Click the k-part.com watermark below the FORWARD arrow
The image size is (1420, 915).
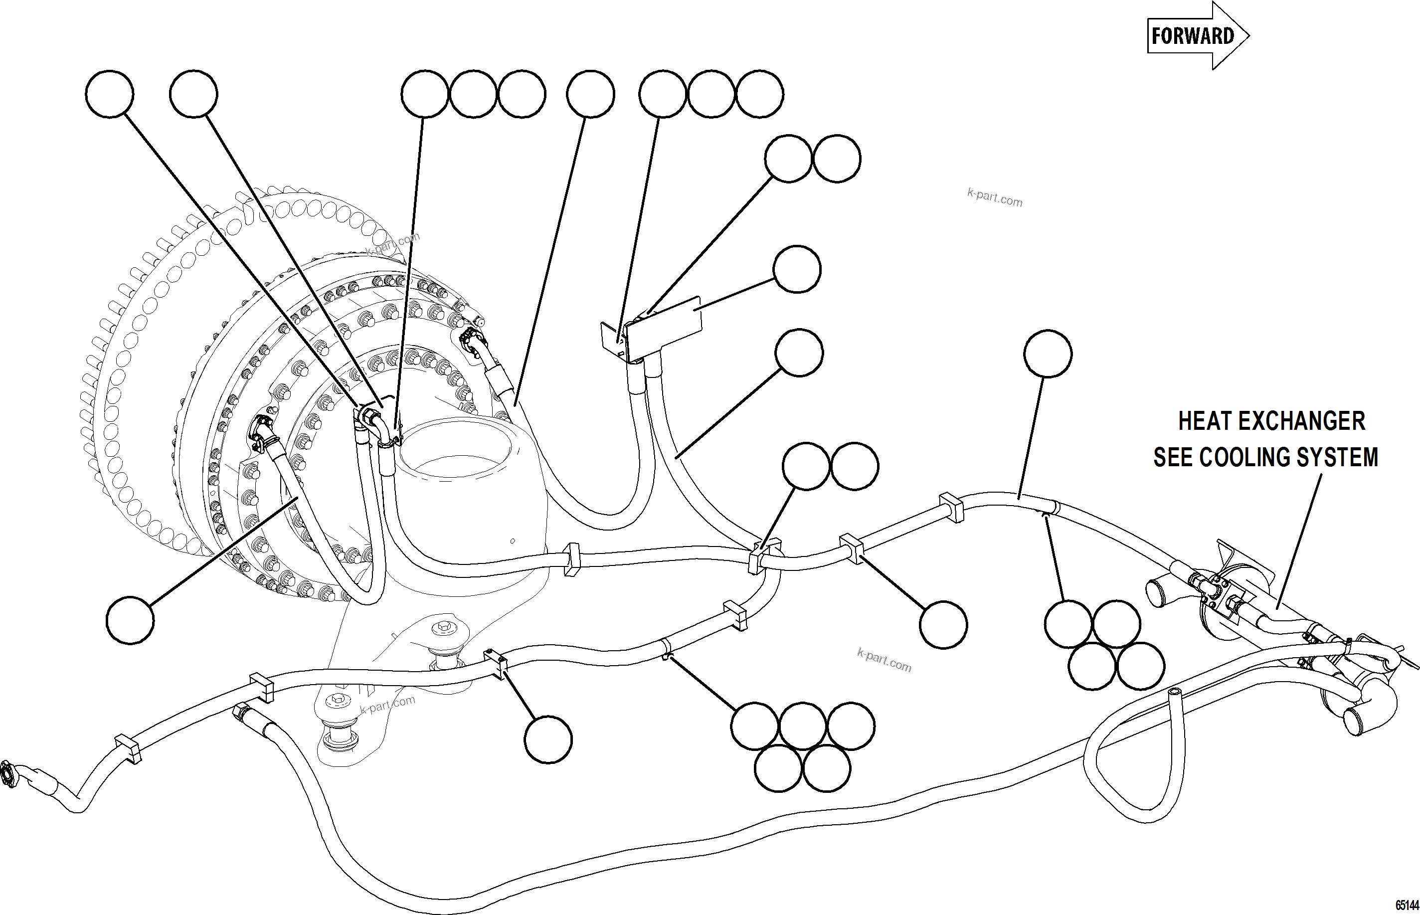[995, 197]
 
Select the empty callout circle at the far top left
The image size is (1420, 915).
[109, 94]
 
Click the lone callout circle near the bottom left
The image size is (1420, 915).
[130, 620]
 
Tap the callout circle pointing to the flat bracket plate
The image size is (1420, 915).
[797, 269]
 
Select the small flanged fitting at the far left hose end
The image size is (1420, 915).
[8, 775]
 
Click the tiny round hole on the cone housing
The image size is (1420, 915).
[513, 542]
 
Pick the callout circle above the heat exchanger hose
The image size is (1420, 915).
[1048, 354]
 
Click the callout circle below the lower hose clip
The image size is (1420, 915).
[548, 739]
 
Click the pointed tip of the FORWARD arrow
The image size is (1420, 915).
[1248, 35]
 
